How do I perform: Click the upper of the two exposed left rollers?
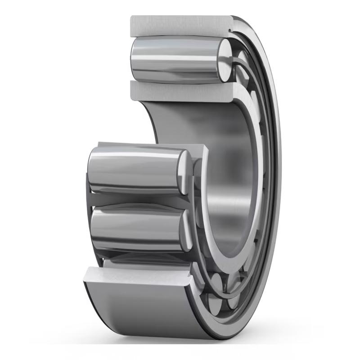[x=135, y=171]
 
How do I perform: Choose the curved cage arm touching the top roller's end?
[x=238, y=67]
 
